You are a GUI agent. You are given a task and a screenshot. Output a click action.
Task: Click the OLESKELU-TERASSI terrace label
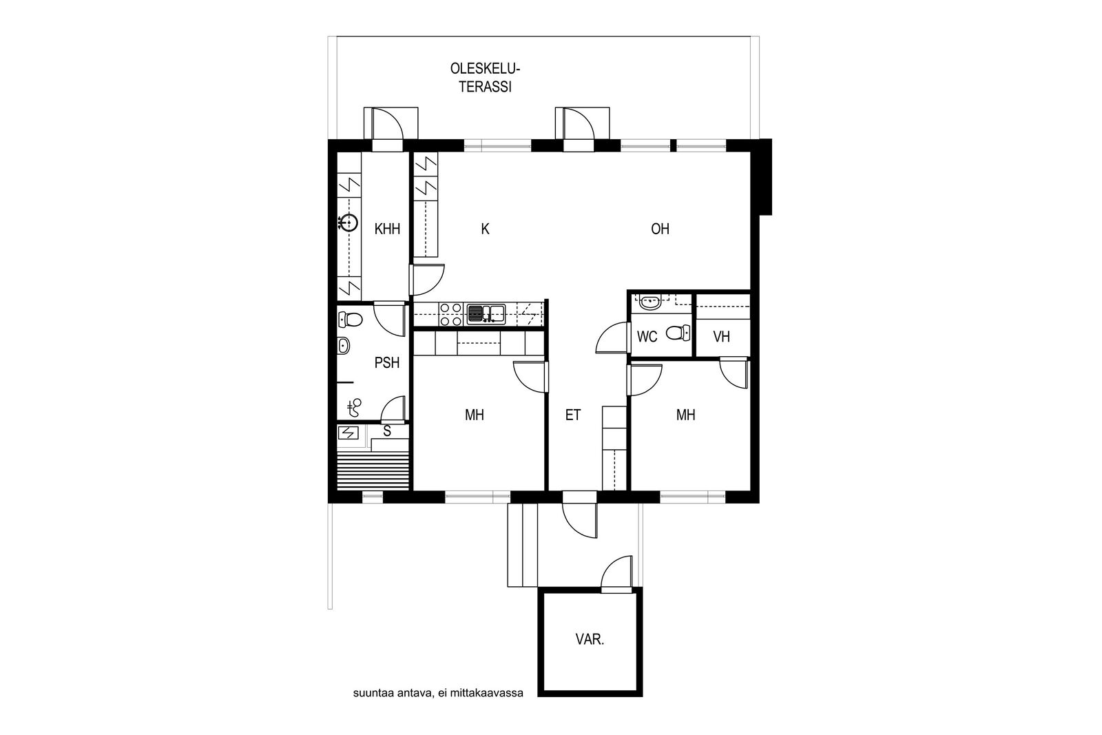[x=485, y=78]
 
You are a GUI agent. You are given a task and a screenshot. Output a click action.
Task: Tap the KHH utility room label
[x=387, y=229]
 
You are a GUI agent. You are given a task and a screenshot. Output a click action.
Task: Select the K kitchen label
[x=485, y=229]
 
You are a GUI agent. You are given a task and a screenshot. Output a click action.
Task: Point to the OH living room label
[x=661, y=229]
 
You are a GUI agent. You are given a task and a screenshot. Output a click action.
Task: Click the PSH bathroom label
[x=386, y=363]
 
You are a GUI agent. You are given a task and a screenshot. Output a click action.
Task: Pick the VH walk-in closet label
[x=722, y=337]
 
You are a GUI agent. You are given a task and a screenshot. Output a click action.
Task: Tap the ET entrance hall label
[x=573, y=415]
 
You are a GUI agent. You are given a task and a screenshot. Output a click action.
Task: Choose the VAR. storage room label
[x=590, y=639]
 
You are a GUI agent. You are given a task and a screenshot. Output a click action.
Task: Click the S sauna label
[x=387, y=431]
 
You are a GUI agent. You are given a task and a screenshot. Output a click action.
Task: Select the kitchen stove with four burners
[x=451, y=314]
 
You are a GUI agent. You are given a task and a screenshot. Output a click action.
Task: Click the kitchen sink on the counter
[x=486, y=314]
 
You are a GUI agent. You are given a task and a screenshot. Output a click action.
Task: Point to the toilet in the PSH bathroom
[x=351, y=320]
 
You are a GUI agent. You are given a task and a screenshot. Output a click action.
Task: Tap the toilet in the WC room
[x=678, y=333]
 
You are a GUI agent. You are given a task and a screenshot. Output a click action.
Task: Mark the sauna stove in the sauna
[x=349, y=433]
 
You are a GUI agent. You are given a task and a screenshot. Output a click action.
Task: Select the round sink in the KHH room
[x=349, y=223]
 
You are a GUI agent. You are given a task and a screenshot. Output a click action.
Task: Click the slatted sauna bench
[x=373, y=470]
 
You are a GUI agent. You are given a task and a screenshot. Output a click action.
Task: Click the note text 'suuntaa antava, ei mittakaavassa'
[x=438, y=694]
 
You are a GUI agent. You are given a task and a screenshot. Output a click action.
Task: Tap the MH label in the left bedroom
[x=475, y=415]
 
